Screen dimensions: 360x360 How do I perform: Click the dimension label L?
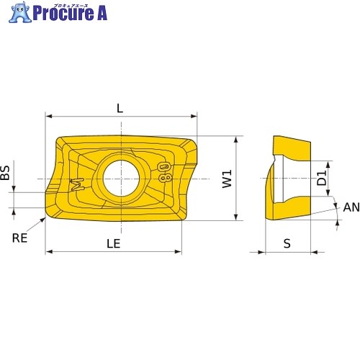click(120, 109)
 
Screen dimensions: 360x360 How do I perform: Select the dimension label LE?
click(113, 243)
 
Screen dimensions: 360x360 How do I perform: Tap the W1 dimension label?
click(227, 179)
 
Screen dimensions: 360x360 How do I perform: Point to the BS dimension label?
click(5, 173)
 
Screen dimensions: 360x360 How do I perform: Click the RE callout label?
click(19, 238)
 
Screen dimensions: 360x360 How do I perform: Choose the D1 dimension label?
click(322, 178)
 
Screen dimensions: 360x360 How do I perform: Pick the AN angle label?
click(351, 207)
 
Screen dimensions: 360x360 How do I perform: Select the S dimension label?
click(287, 243)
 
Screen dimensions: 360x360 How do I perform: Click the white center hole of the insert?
click(121, 179)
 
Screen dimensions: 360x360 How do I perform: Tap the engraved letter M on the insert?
click(77, 184)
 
